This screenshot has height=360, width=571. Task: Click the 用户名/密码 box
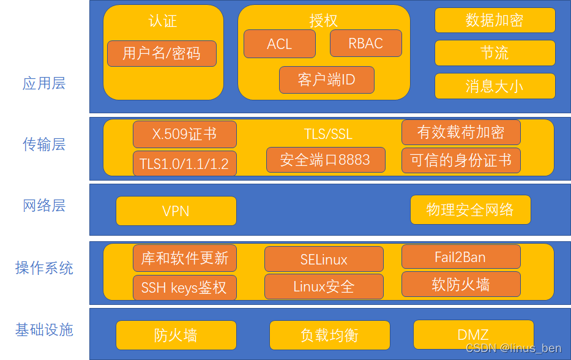click(162, 53)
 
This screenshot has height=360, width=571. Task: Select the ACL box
click(280, 44)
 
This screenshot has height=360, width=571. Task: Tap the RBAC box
click(366, 43)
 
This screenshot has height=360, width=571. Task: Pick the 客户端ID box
click(326, 80)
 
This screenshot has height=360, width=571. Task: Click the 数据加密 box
click(494, 20)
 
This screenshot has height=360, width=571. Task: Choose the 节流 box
click(494, 53)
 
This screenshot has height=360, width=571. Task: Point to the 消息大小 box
click(494, 86)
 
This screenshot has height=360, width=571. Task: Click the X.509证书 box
click(184, 133)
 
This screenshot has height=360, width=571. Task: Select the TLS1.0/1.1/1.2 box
click(184, 163)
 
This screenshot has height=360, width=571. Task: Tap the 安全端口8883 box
click(326, 160)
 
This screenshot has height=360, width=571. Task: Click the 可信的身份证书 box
click(461, 160)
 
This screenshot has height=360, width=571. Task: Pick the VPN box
click(176, 211)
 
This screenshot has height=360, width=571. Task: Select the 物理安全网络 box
click(470, 210)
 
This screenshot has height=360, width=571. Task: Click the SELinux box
click(324, 259)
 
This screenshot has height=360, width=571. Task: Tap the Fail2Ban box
click(461, 257)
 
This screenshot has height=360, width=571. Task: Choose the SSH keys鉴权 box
click(184, 287)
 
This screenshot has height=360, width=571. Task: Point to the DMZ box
click(473, 335)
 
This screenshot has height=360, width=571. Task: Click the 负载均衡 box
click(329, 335)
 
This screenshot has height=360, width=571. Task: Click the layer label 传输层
click(44, 144)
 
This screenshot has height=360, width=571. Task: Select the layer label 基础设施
click(44, 330)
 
